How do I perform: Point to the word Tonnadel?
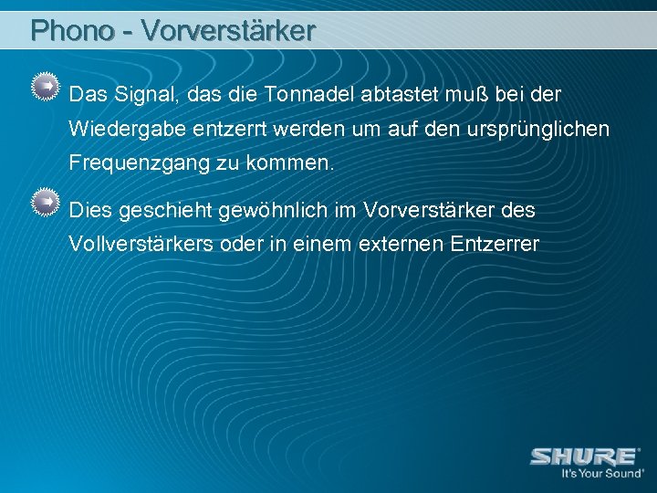(310, 94)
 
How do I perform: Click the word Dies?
(89, 210)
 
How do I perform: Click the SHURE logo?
(584, 456)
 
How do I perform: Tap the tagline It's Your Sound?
(602, 475)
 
